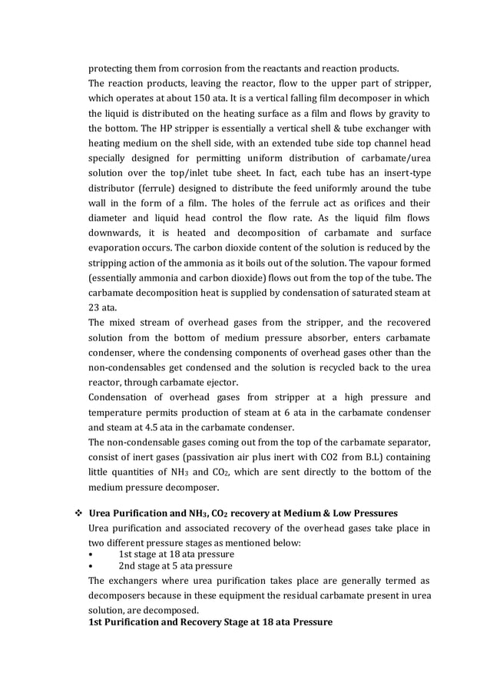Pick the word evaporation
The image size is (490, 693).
pos(120,248)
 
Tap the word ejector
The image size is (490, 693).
pos(220,383)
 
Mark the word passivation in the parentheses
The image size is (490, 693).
pos(217,457)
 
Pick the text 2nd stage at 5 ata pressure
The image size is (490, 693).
pos(176,566)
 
